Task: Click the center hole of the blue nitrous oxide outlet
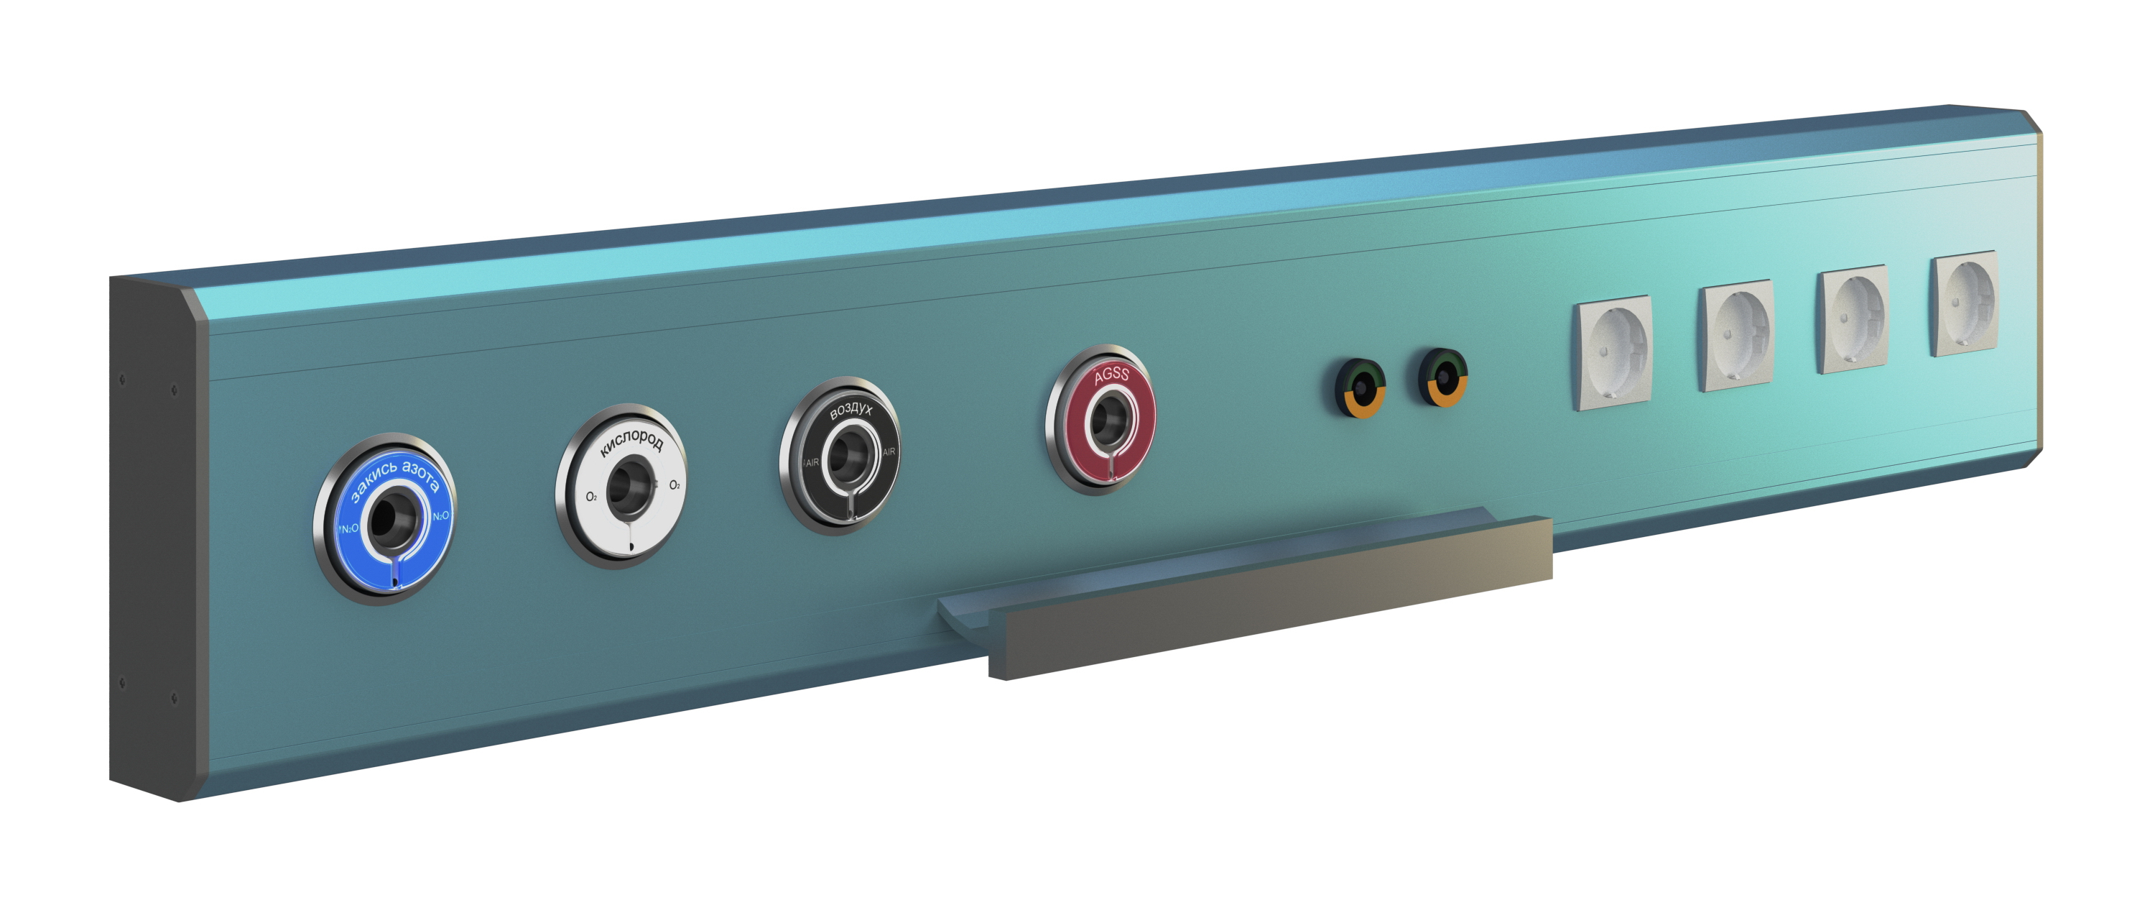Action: (389, 519)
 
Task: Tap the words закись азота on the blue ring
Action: (395, 479)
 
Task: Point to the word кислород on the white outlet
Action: (631, 442)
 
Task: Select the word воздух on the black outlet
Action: (851, 410)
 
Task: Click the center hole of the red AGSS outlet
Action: (1108, 418)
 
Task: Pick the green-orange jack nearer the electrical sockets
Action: (1445, 377)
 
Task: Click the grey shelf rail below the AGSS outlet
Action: (1270, 598)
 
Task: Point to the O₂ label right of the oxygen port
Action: (675, 485)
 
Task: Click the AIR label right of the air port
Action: (889, 452)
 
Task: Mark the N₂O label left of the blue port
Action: (349, 529)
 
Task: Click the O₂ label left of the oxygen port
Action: (590, 497)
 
